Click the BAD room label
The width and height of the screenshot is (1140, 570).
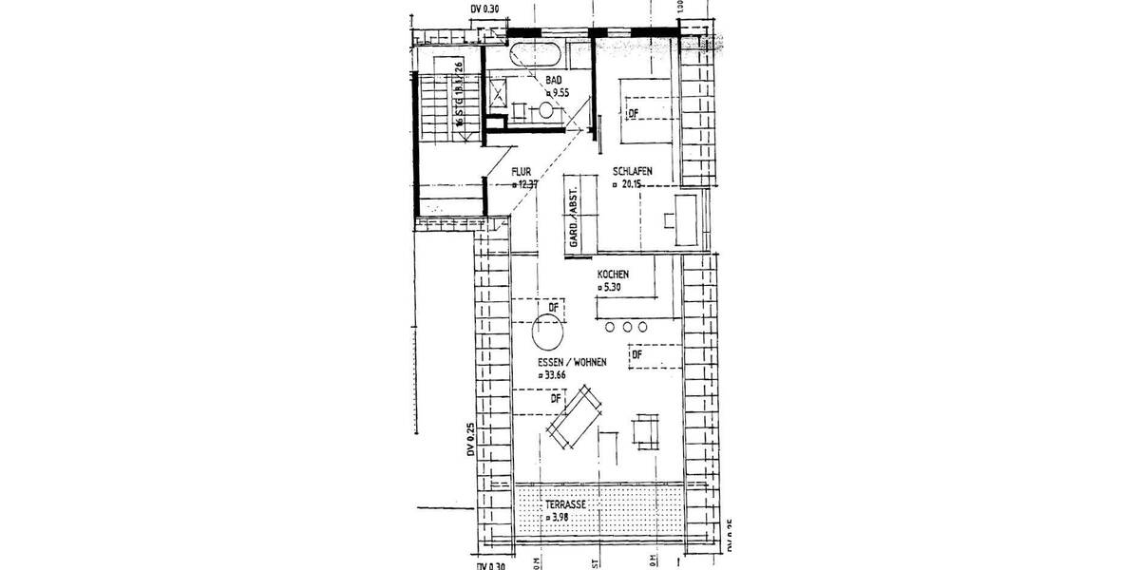[x=554, y=81]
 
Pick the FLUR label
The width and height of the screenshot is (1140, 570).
[x=522, y=173]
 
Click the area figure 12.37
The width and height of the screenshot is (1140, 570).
[x=525, y=185]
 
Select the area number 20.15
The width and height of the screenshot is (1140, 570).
[x=632, y=186]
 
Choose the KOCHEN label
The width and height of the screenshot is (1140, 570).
[x=613, y=274]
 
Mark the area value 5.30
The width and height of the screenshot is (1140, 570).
[x=613, y=286]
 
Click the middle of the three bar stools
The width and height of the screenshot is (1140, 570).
[x=626, y=326]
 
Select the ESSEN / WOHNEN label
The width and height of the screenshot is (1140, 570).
[x=572, y=361]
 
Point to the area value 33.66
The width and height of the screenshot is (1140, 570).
[x=553, y=374]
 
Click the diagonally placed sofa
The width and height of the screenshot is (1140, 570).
[x=574, y=416]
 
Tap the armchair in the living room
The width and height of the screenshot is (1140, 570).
[x=646, y=429]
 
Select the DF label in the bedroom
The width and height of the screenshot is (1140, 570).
[x=632, y=114]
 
